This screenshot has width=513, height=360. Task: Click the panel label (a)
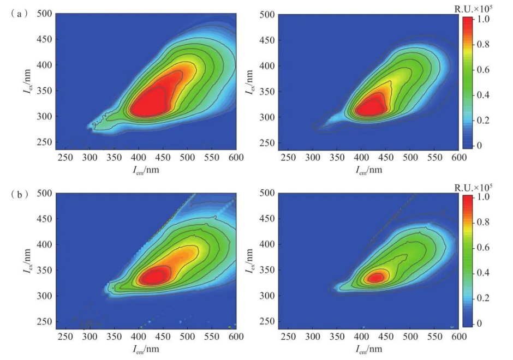coord(17,14)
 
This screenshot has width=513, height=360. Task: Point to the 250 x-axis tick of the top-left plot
coord(65,158)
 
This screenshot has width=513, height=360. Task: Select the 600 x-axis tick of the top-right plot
coord(459,158)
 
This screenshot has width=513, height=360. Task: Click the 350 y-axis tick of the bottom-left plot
coord(45,270)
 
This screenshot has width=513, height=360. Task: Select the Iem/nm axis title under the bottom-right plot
coord(368,349)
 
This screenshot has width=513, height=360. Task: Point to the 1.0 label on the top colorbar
coord(484,20)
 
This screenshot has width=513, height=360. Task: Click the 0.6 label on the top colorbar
coord(484,70)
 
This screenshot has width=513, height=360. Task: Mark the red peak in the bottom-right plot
coord(375,278)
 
